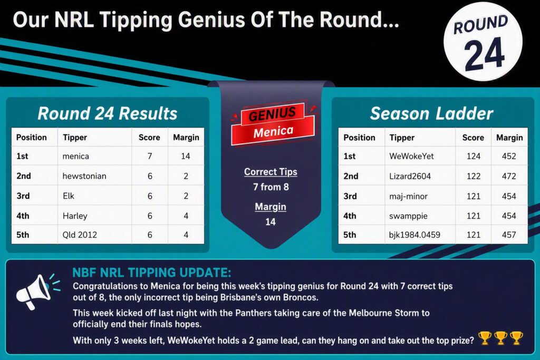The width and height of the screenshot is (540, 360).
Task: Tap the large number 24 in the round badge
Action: [x=484, y=54]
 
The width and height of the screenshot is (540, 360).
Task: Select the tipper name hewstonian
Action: [x=84, y=176]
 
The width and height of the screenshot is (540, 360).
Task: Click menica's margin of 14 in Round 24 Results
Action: [x=186, y=156]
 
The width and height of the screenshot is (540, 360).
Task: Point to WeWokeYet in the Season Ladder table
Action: [x=411, y=156]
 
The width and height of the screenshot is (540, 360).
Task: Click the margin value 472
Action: [x=509, y=176]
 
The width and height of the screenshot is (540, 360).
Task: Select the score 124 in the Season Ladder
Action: [x=474, y=156]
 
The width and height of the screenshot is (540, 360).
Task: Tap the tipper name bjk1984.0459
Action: [x=414, y=235]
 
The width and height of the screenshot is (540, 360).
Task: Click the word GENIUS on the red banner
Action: [x=272, y=114]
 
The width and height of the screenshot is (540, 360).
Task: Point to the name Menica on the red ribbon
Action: [x=274, y=131]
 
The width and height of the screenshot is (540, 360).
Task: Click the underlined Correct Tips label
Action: [x=271, y=172]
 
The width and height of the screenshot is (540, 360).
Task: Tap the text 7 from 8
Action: [x=271, y=187]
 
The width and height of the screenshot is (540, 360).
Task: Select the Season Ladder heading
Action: [x=431, y=113]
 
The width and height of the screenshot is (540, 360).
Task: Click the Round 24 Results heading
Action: [x=108, y=113]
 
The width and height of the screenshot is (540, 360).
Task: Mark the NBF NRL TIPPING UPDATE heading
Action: [x=152, y=273]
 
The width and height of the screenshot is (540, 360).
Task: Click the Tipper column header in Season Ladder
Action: [x=402, y=138]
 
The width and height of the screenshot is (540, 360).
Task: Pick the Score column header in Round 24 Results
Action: [x=149, y=138]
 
